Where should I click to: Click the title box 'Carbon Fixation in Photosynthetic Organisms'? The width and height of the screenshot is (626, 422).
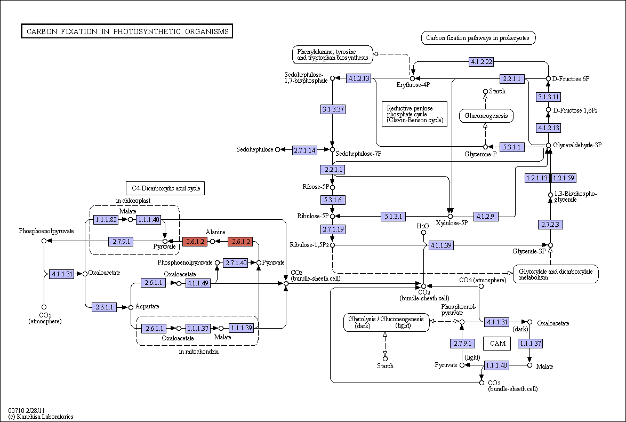pos(127,31)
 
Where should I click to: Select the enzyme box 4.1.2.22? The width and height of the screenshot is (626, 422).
pos(481,61)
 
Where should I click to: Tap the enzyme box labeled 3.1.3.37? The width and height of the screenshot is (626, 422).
pos(333,109)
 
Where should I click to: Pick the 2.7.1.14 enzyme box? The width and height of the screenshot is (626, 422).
pos(304,150)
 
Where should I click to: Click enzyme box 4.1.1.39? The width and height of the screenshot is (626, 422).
pos(441,245)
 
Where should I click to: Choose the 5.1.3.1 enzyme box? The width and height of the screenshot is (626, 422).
pos(393,217)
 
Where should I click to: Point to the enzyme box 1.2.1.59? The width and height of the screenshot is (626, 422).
pos(564,178)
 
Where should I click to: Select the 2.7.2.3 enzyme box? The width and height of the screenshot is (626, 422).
pos(550,225)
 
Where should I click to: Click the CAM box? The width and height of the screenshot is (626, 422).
pos(497,343)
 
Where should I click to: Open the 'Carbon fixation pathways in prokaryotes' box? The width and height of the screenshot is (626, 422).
pos(478,38)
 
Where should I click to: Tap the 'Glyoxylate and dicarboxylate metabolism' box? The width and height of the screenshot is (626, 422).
pos(556,274)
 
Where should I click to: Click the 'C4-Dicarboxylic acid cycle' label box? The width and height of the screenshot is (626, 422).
pos(165,188)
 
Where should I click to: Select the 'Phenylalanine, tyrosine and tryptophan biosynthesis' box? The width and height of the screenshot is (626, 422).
pos(333,55)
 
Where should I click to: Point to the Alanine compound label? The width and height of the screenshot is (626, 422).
pos(215,232)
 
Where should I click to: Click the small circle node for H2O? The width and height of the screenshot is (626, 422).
pos(423,233)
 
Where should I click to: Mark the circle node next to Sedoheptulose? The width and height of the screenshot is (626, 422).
pos(278,149)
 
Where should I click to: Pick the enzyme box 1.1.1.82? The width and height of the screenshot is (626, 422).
pos(106,219)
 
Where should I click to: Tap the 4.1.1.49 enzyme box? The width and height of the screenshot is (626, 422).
pos(198,283)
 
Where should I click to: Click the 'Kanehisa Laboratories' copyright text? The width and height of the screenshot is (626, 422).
pos(41,417)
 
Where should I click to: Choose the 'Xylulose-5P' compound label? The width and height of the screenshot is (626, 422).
pos(452,223)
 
